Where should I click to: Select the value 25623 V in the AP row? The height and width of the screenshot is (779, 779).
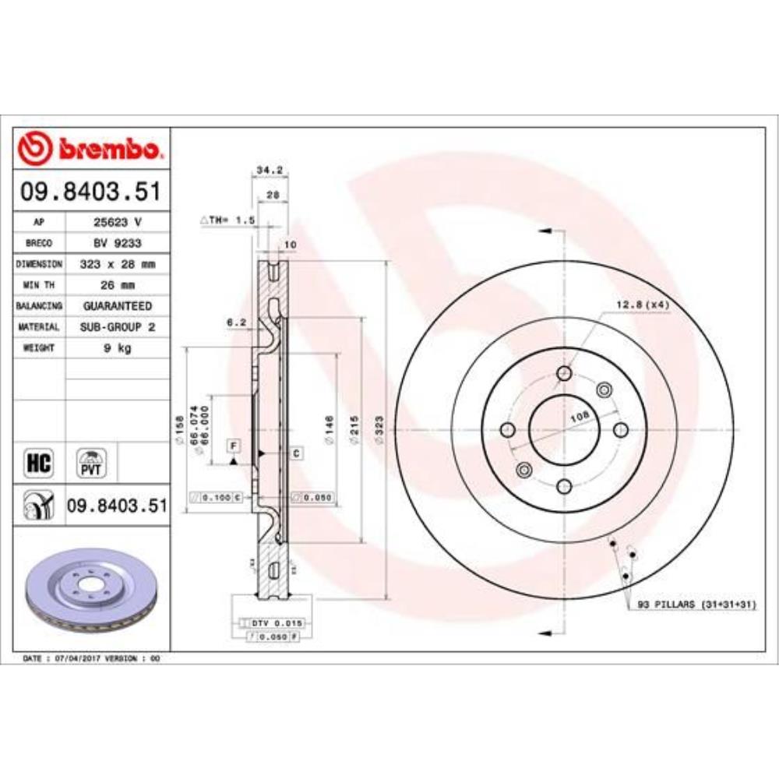coord(117,222)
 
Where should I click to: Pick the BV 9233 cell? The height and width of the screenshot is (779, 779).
coord(117,243)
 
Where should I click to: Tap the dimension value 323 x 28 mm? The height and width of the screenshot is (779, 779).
coord(117,264)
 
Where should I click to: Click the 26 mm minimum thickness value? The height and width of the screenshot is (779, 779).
coord(117,285)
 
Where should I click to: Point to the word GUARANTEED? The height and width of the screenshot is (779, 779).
coord(117,306)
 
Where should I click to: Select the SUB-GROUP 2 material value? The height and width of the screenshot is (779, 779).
coord(117,327)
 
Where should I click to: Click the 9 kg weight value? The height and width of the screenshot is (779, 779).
coord(117,348)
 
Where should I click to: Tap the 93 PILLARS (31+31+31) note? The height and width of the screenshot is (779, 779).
coord(696,605)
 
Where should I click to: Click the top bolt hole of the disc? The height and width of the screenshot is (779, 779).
coord(564,375)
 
